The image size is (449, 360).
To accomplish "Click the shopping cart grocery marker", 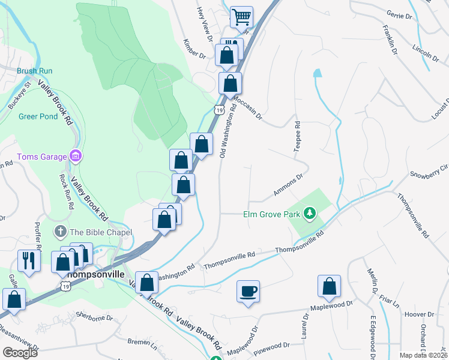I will point(241,17).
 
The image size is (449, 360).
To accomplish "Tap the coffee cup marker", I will point(248,292).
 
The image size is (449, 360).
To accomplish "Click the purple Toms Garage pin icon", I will point(75,157).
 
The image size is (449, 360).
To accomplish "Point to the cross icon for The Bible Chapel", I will point(59,232).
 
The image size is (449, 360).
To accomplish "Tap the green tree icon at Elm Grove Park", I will point(310,214).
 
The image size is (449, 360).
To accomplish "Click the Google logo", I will point(19,352).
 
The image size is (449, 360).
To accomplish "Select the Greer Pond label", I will point(38,116).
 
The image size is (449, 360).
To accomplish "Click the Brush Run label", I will point(35,71).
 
